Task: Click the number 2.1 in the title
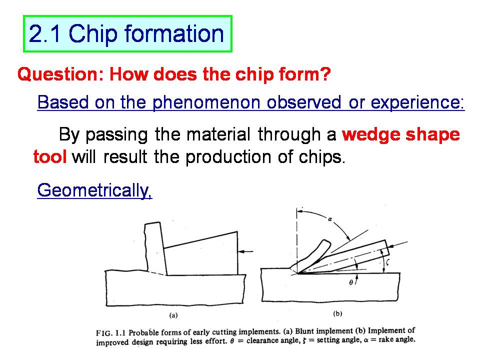pyautogui.click(x=44, y=33)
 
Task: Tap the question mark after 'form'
pyautogui.click(x=325, y=74)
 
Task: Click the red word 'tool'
pyautogui.click(x=50, y=156)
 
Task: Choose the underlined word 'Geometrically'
pyautogui.click(x=94, y=190)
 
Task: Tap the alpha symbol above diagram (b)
pyautogui.click(x=329, y=219)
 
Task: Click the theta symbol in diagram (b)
pyautogui.click(x=351, y=282)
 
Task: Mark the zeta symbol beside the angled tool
pyautogui.click(x=387, y=262)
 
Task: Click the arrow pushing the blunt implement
pyautogui.click(x=245, y=251)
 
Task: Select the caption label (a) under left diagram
pyautogui.click(x=173, y=315)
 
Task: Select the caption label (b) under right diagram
pyautogui.click(x=337, y=313)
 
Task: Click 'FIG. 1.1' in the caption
pyautogui.click(x=111, y=333)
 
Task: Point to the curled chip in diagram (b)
pyautogui.click(x=311, y=256)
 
